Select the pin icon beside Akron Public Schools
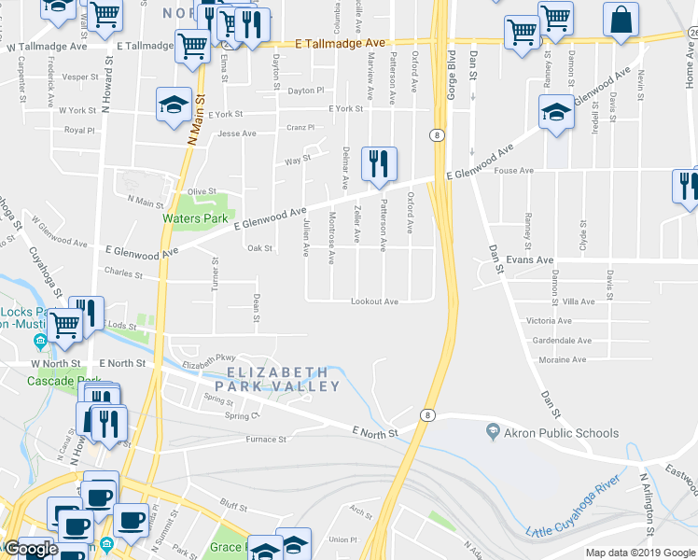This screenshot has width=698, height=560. click(493, 432)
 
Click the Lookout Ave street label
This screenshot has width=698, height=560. click(374, 301)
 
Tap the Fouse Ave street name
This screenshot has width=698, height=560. click(513, 171)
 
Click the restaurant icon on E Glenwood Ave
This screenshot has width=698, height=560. click(379, 165)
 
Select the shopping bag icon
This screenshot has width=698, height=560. click(621, 21)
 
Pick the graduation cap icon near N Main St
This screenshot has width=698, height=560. click(174, 105)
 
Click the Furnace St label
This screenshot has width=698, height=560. click(265, 439)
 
